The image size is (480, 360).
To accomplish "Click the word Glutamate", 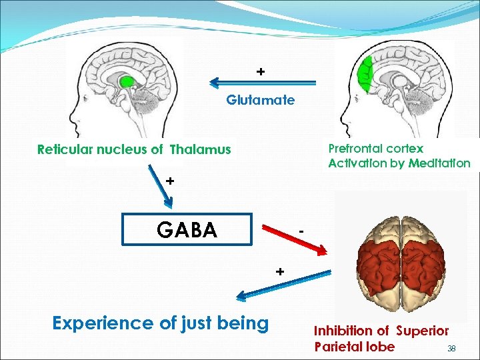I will pyautogui.click(x=260, y=101).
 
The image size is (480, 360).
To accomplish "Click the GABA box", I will pyautogui.click(x=187, y=229).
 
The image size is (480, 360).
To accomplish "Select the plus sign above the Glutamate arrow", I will pyautogui.click(x=261, y=71).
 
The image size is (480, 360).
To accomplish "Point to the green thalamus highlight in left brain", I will pyautogui.click(x=127, y=82).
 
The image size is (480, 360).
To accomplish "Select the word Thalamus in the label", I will pyautogui.click(x=200, y=150).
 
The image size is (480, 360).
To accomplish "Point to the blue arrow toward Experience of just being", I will pyautogui.click(x=286, y=285).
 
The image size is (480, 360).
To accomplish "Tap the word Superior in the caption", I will pyautogui.click(x=422, y=331).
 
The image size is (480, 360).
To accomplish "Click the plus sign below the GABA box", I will pyautogui.click(x=281, y=271).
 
